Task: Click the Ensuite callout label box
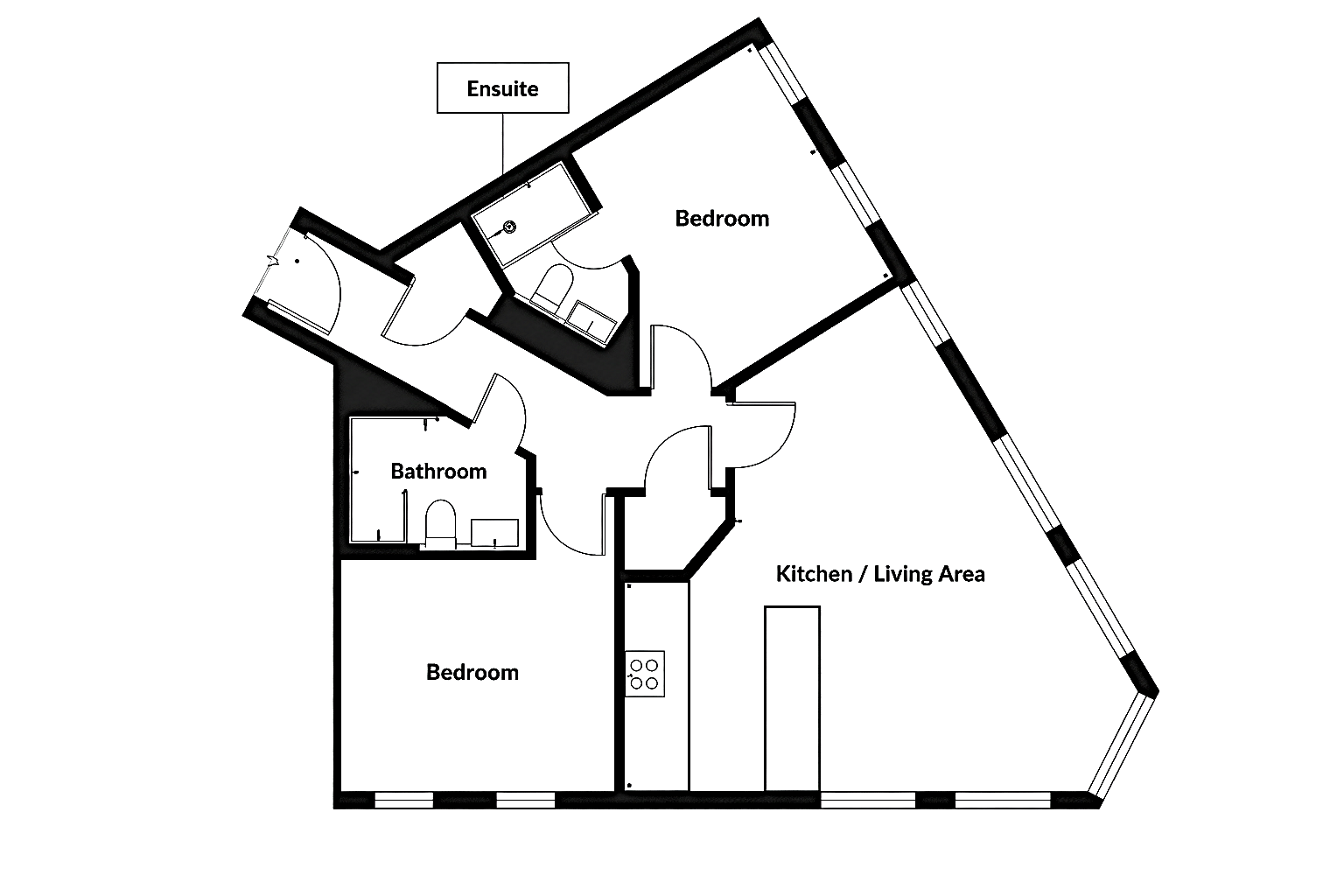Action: click(x=503, y=87)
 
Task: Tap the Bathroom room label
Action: click(x=438, y=471)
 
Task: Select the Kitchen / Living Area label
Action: click(x=880, y=574)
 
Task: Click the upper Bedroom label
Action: click(x=722, y=219)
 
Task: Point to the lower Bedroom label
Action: click(x=472, y=672)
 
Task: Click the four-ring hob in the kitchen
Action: click(x=645, y=674)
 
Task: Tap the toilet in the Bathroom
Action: click(x=440, y=523)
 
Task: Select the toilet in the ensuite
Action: click(x=552, y=287)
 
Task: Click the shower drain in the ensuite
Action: click(x=510, y=227)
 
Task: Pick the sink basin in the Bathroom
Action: click(x=494, y=533)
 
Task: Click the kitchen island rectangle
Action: click(x=792, y=698)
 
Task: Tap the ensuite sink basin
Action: click(x=591, y=323)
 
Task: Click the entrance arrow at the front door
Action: click(x=273, y=261)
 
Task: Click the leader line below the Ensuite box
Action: click(x=503, y=144)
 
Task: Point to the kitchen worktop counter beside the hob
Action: click(x=657, y=687)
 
